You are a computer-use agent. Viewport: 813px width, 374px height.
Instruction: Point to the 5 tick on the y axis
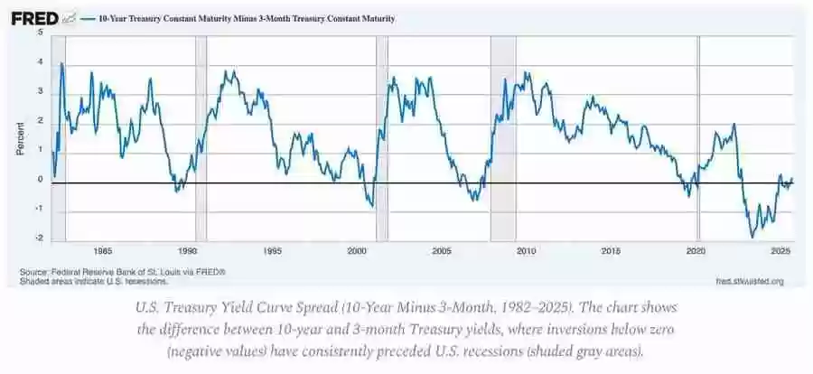(40, 33)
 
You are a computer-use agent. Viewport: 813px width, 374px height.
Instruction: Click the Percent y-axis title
(20, 136)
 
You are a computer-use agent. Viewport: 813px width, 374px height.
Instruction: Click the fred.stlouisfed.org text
(748, 281)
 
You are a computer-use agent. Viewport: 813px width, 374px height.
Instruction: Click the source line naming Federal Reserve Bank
(122, 271)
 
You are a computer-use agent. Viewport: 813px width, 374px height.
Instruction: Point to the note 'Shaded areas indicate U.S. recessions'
(93, 281)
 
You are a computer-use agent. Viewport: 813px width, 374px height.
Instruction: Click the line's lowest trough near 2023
(752, 237)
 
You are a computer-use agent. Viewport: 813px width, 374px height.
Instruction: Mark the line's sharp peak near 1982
(61, 64)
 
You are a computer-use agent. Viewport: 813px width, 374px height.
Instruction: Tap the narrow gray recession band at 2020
(698, 136)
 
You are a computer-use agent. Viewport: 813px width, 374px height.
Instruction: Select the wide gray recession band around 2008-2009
(502, 136)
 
